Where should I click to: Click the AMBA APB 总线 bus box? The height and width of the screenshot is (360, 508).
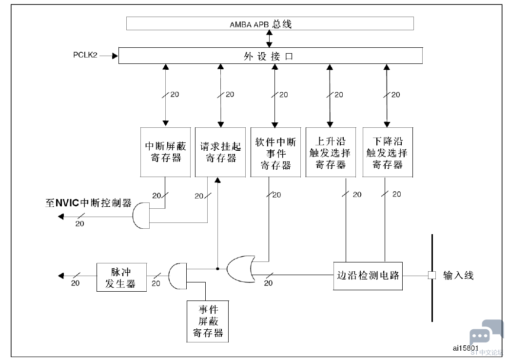270,23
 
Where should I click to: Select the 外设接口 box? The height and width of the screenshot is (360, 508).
270,56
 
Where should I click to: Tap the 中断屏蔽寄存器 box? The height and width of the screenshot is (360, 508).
165,152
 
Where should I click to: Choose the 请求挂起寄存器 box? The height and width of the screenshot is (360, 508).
220,152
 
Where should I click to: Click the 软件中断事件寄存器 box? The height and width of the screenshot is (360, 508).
275,152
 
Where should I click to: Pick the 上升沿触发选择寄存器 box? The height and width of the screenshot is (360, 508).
330,152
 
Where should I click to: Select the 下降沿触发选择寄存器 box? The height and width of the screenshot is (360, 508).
387,152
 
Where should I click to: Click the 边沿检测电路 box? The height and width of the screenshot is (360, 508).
368,276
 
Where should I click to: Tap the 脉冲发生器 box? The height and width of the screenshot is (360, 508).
121,277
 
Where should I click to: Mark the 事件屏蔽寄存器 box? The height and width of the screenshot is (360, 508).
208,321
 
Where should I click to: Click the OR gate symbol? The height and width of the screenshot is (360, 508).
240,268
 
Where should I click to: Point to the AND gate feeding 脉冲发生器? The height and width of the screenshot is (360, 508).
177,276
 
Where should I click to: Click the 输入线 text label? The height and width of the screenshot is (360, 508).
458,276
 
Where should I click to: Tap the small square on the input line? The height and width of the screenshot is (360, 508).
431,276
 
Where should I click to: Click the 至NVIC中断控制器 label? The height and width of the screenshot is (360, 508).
88,203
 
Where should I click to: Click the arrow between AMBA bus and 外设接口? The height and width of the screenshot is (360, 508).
270,39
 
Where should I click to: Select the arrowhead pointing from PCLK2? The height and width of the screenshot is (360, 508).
115,56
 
